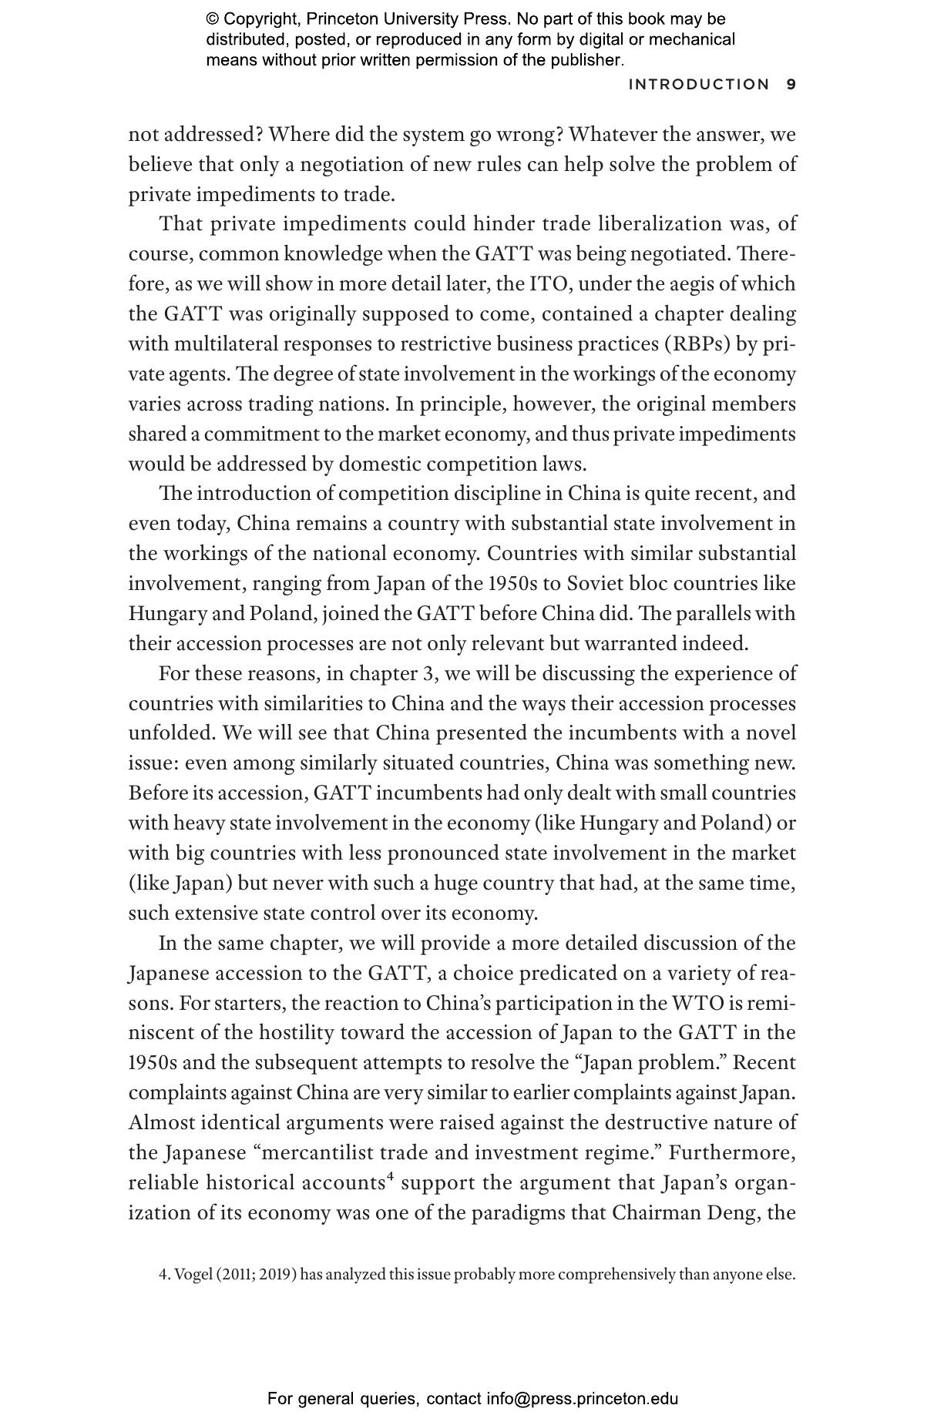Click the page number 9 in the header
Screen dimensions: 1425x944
click(791, 85)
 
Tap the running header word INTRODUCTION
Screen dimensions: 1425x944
click(699, 85)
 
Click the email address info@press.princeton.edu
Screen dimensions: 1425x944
click(582, 1399)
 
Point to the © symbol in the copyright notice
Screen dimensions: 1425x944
click(212, 19)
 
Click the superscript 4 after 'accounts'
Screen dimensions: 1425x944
click(391, 1177)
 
